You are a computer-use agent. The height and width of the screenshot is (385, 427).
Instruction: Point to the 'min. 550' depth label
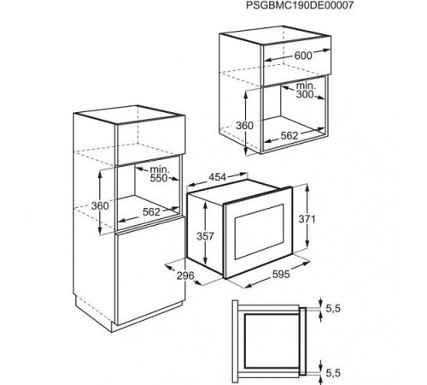point(157,177)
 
